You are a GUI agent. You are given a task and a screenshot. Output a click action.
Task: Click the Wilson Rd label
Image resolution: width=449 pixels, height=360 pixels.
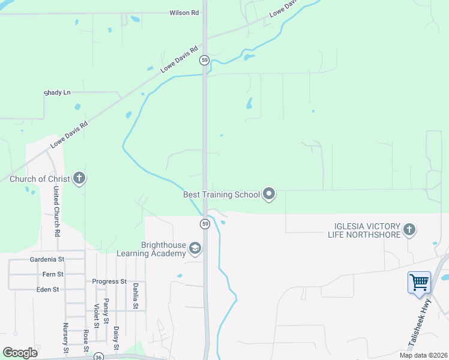184,13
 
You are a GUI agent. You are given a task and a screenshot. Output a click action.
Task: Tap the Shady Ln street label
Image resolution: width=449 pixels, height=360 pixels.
58,92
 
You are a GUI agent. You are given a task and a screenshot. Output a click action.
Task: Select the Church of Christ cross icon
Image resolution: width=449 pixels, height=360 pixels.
79,178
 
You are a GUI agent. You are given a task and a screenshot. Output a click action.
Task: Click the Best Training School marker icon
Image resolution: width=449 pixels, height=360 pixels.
269,194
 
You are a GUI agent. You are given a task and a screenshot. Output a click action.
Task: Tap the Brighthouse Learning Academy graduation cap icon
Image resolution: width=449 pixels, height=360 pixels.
194,248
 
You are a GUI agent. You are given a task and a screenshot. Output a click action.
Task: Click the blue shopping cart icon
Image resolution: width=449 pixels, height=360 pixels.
418,281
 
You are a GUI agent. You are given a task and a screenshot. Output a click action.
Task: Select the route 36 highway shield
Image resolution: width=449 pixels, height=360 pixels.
98,356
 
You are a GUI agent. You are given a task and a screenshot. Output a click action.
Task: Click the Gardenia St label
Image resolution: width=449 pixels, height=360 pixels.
46,260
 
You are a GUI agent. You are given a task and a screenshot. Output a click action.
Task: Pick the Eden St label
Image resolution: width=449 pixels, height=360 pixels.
47,289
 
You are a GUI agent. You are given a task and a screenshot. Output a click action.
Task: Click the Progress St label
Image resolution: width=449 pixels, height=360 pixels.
109,281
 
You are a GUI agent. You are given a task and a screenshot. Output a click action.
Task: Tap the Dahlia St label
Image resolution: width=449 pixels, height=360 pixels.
136,296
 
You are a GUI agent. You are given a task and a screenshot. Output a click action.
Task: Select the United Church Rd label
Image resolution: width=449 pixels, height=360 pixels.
56,211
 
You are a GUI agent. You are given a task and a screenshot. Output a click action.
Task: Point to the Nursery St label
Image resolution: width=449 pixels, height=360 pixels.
66,338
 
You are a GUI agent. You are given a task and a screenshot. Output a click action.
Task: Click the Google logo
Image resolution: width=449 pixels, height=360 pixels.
20,352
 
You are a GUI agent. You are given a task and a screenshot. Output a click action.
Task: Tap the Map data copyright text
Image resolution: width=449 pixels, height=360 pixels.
423,355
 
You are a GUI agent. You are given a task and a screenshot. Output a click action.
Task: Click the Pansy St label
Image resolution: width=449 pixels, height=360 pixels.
106,311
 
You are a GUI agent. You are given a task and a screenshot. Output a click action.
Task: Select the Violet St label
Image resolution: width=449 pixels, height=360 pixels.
96,316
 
